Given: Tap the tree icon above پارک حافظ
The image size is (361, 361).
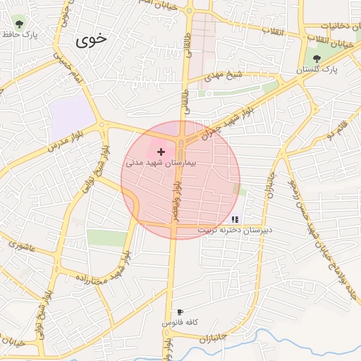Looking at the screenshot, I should pos(19,23).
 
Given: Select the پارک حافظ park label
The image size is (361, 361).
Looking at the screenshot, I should pos(19,34).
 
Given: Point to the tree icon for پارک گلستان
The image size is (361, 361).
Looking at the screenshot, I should pos(317,59).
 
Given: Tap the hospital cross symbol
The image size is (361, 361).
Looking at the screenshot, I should pos(161,152).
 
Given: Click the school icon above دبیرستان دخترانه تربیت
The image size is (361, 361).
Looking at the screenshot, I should pos(235,219).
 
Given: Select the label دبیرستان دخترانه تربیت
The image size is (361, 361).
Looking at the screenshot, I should pos(234,230).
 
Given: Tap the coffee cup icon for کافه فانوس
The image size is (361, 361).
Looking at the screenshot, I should pos(180,312).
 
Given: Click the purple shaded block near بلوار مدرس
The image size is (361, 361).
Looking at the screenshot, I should pos(73,113).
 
